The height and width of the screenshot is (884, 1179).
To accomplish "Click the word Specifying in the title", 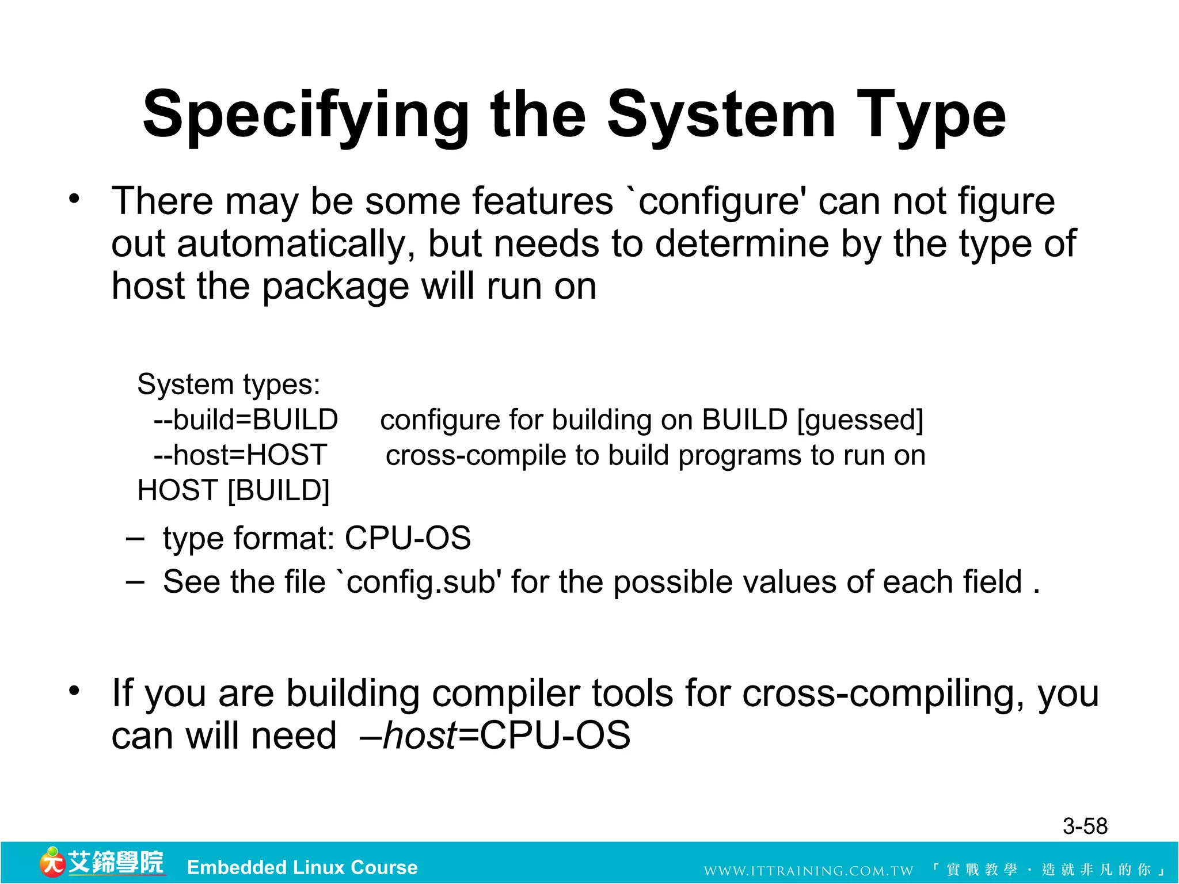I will point(305,115).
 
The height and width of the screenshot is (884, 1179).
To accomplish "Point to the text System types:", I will point(229,384).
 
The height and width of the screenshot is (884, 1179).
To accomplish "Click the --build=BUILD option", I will point(246,420).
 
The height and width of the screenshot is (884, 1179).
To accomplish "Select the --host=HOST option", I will point(240,455).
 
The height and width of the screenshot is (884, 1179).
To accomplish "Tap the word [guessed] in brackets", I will point(860,420).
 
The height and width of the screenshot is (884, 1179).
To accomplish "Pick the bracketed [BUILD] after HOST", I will point(279,490).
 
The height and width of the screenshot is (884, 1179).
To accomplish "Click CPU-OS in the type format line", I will point(408,539).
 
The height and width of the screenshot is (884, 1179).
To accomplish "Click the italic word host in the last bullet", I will point(420,736).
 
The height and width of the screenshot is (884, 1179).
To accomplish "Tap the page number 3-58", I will point(1085,826).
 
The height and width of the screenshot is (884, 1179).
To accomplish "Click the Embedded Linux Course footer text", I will point(302,867).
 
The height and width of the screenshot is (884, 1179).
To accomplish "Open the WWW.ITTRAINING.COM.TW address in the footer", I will point(808,870).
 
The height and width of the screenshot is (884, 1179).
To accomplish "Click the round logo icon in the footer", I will point(52,862).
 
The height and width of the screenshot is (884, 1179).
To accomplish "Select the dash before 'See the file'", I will point(135,582).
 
